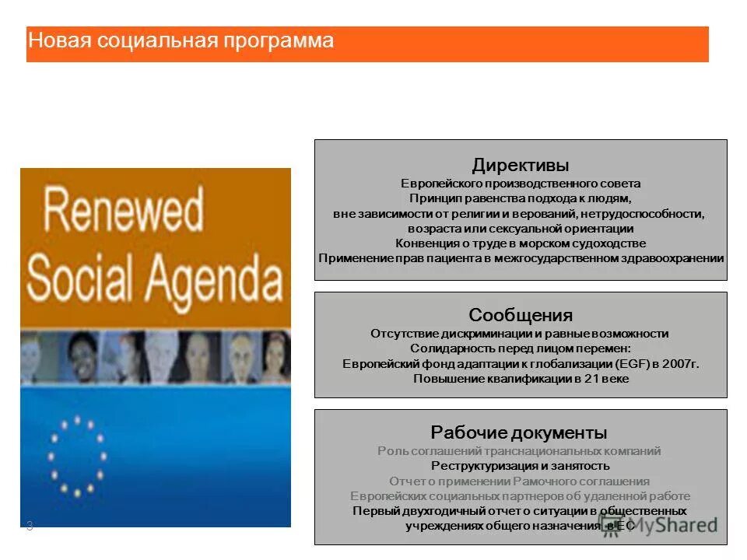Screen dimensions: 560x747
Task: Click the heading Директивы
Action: [x=520, y=166]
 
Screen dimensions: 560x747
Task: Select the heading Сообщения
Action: [x=520, y=315]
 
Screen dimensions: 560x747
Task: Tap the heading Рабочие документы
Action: [x=519, y=432]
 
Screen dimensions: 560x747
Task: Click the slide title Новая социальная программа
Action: [x=181, y=40]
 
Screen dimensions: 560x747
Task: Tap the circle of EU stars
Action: [x=77, y=457]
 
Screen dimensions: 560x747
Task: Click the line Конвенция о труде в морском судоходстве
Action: [x=520, y=243]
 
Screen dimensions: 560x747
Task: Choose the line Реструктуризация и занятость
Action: [x=520, y=466]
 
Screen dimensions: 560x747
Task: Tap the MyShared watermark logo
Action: [x=658, y=524]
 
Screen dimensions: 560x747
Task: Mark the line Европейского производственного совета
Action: [x=520, y=184]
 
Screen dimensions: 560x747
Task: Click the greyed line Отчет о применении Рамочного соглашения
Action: [x=520, y=481]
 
